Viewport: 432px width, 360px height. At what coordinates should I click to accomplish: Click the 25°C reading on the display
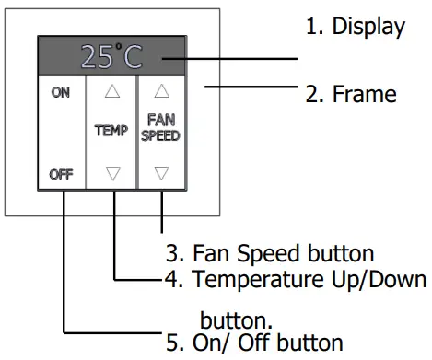coord(111,56)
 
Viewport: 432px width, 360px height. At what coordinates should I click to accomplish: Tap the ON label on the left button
coord(61,92)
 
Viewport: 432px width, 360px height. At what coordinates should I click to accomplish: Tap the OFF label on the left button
coord(61,173)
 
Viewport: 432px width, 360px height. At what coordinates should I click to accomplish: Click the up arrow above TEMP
coord(111,91)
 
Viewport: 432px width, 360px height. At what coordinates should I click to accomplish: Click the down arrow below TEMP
coord(111,172)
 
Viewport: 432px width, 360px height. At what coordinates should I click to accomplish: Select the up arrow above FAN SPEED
coord(162,91)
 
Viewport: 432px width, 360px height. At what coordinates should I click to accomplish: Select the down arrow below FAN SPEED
coord(162,172)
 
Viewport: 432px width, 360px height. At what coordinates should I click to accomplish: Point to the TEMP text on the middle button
coord(111,132)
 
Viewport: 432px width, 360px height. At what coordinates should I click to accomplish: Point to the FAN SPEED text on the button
coord(162,126)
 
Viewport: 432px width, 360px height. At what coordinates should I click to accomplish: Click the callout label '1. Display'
coord(355,27)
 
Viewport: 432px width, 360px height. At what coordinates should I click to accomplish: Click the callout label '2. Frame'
coord(350,94)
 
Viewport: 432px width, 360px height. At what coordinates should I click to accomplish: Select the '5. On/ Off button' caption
coord(254,343)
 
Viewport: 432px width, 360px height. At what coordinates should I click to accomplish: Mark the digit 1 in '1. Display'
coord(311,27)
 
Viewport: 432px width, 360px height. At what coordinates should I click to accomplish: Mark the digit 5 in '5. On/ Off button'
coord(172,343)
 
